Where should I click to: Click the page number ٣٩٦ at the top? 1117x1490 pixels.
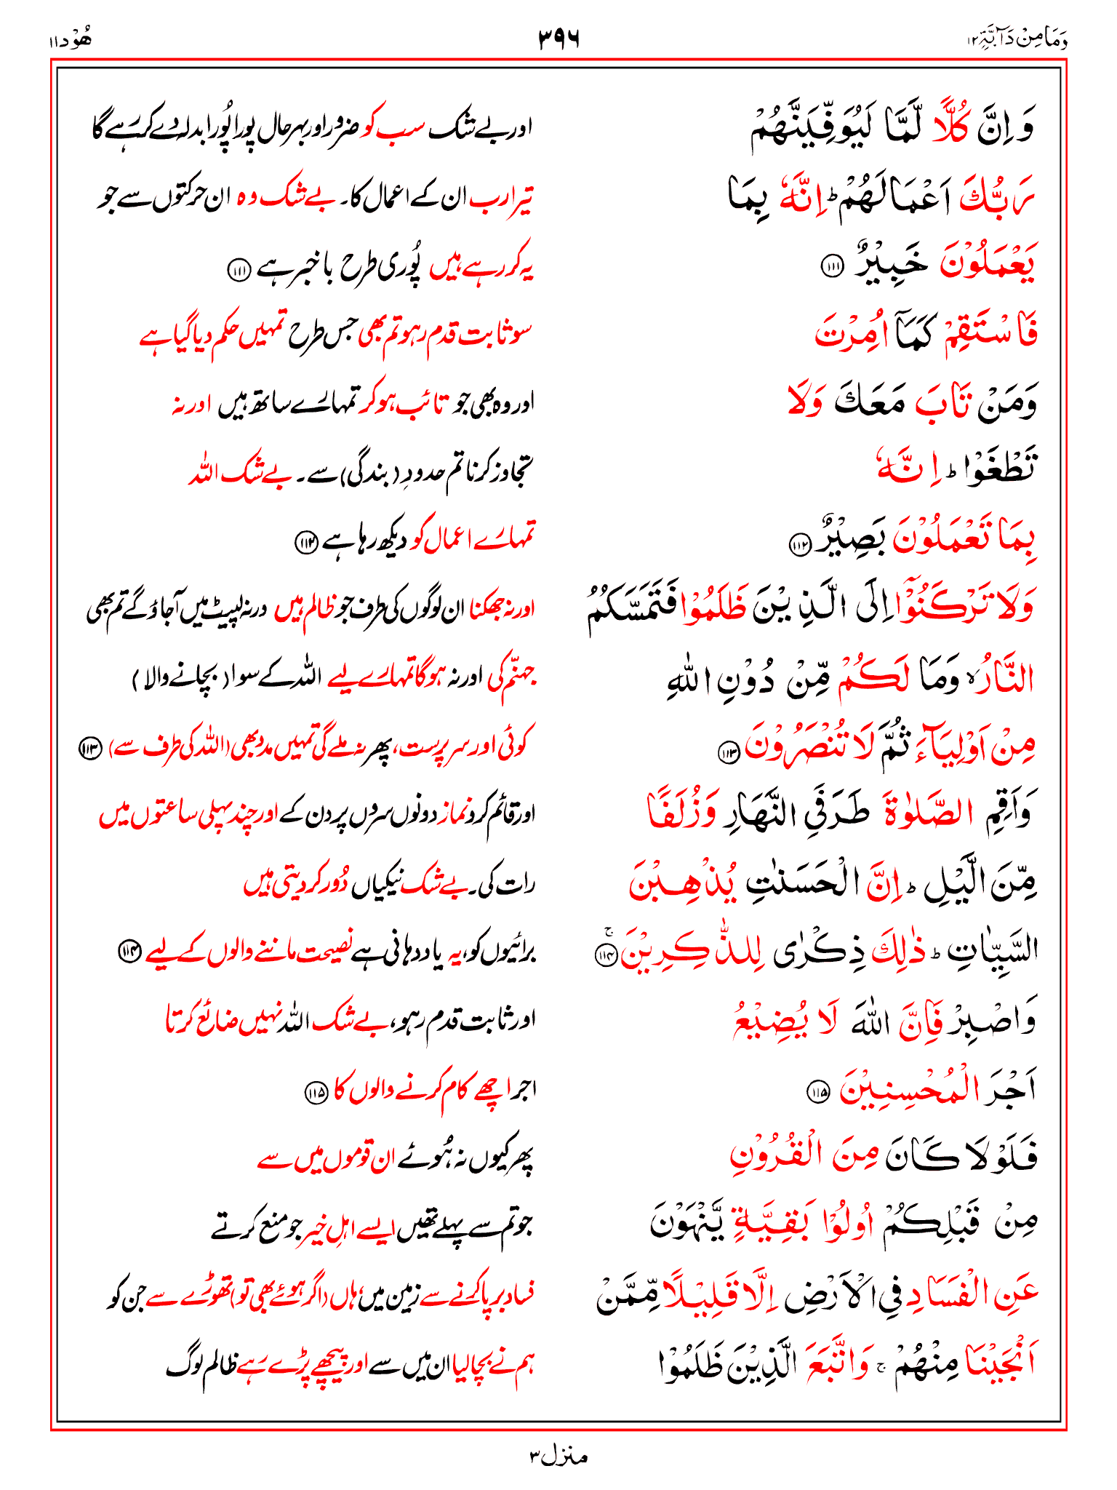558,38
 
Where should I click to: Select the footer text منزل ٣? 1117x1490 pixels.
558,1456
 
